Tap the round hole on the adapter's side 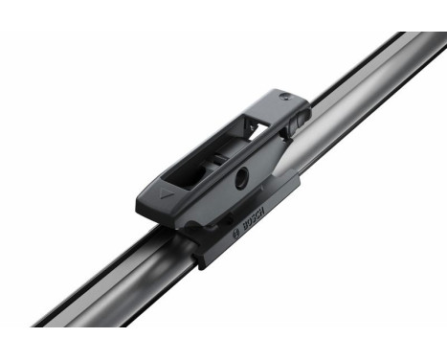(243, 174)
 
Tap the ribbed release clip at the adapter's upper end (299, 113)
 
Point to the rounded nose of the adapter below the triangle (152, 206)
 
